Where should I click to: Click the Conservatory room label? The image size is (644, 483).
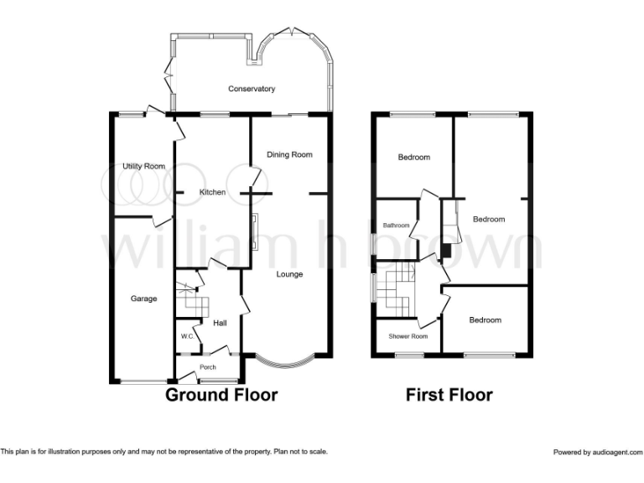coord(252,89)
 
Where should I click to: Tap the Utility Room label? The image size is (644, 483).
coord(143,166)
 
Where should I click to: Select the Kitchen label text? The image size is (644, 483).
coord(212,192)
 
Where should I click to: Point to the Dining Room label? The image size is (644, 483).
coord(289,154)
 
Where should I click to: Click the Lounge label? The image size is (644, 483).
coord(289,274)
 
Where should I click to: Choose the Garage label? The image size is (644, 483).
coord(143,299)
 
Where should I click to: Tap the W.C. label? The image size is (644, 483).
coord(187,337)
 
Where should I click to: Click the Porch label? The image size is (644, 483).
coord(207,366)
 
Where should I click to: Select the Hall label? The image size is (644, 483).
coord(221,323)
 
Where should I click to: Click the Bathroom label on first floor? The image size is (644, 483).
coord(397,226)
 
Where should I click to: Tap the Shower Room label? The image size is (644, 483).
coord(408,336)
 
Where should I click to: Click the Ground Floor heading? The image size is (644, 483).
coord(221,394)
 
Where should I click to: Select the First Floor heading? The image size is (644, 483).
coord(449,394)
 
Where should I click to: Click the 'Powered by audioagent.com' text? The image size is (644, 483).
coord(595,452)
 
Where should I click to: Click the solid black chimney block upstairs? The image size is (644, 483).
coord(446,250)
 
